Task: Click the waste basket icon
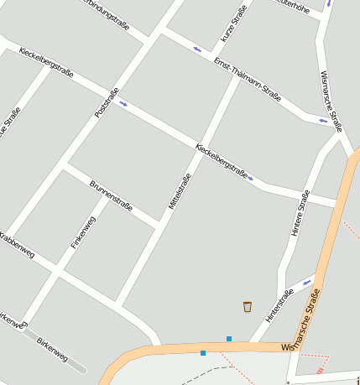(x=248, y=306)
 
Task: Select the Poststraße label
(x=107, y=102)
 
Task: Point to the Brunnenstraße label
(x=111, y=195)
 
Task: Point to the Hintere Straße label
(x=300, y=212)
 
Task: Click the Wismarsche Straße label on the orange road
(x=305, y=322)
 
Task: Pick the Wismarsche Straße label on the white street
(x=331, y=101)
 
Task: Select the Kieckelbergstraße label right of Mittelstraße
(x=222, y=161)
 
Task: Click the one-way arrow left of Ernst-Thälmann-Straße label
(x=197, y=49)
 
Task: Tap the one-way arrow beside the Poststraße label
(x=123, y=104)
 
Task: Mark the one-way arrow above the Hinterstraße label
(x=307, y=282)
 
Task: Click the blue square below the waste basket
(x=229, y=339)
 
